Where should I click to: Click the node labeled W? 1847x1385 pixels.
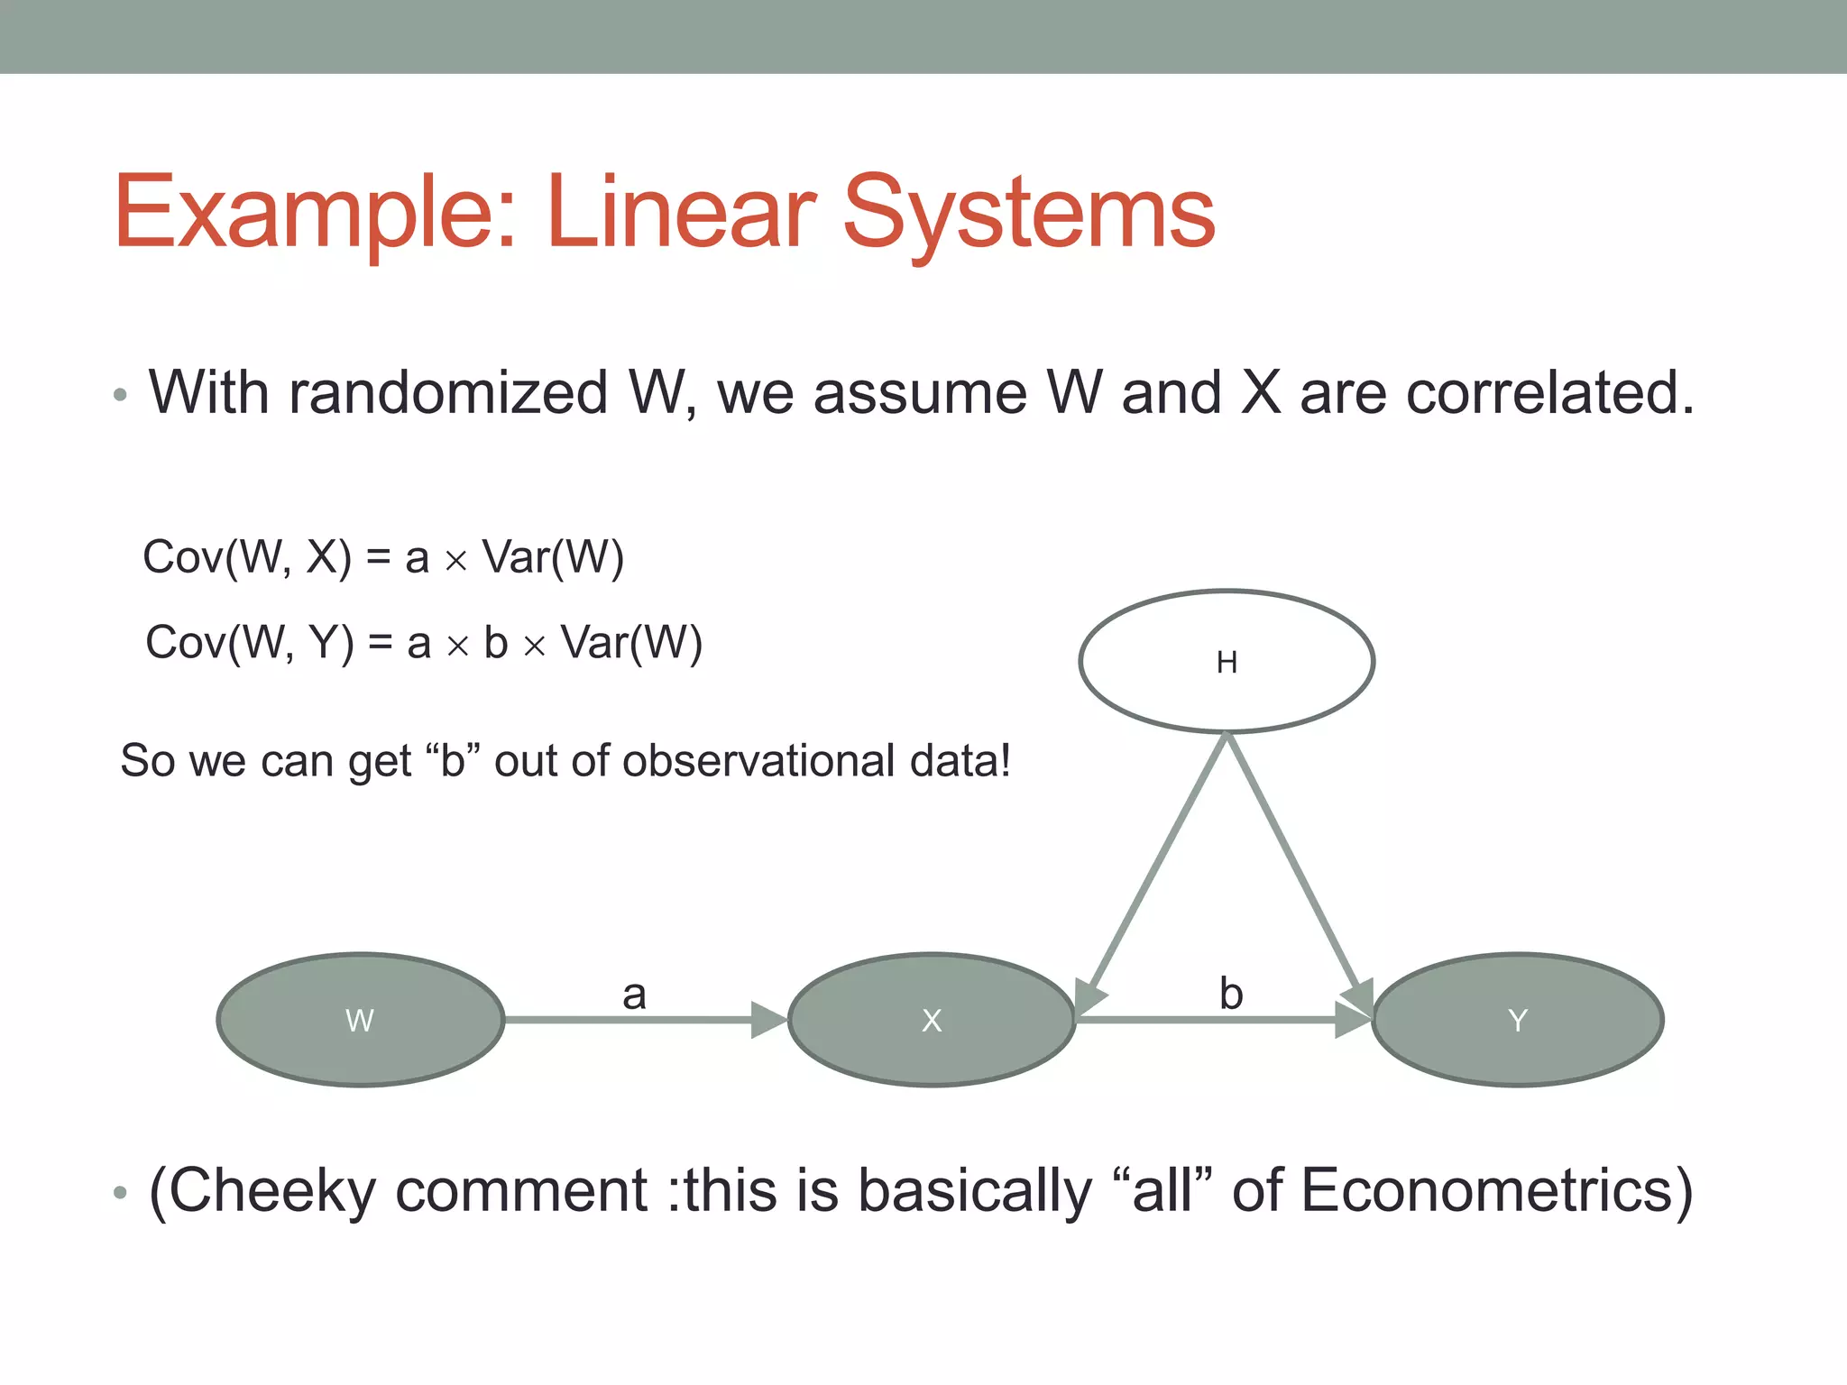360,1020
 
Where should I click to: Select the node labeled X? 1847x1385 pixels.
932,1020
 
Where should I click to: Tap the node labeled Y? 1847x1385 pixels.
1517,1020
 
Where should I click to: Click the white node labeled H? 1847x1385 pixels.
1227,662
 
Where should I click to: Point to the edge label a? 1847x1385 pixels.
634,995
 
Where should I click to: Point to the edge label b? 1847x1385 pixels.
1231,994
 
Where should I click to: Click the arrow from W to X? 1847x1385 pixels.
631,1020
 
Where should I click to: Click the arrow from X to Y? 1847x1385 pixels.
1208,1020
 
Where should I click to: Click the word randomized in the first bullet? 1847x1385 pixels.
448,393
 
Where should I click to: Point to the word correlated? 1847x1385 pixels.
1549,393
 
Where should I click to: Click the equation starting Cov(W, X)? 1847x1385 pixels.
383,557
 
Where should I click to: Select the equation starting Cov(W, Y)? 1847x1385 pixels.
424,643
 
